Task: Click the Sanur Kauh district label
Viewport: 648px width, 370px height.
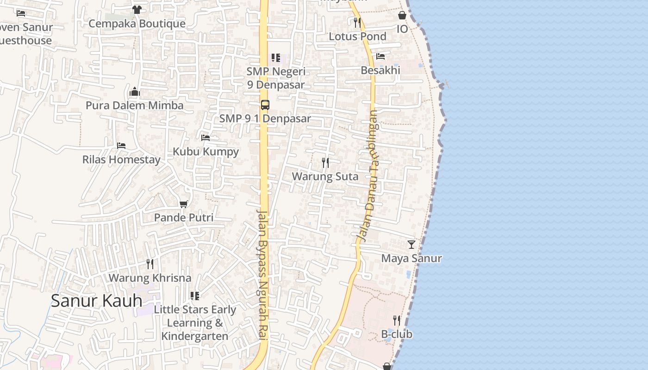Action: (x=96, y=301)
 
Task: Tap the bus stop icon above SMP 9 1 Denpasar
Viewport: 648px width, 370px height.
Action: (x=265, y=105)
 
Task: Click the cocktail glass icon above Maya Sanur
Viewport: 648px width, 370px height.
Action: (x=411, y=244)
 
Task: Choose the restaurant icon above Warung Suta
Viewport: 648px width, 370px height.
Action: (x=325, y=162)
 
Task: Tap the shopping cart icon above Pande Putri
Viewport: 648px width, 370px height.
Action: (x=184, y=203)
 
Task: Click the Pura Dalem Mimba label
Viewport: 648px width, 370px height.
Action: (x=134, y=105)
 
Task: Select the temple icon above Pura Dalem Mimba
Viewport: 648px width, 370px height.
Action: (x=135, y=92)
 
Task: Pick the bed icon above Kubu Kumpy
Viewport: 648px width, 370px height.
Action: (x=206, y=137)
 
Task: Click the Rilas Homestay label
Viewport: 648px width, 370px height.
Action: (x=121, y=160)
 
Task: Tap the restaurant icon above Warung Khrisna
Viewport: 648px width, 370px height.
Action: (x=150, y=264)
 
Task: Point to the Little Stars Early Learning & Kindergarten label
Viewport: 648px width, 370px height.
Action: (x=195, y=322)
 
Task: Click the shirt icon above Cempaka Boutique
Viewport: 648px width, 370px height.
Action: (x=137, y=9)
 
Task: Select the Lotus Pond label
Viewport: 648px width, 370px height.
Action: (x=357, y=36)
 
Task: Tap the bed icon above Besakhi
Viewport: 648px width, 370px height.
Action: (x=380, y=56)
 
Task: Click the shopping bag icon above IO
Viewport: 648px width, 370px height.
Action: (x=402, y=15)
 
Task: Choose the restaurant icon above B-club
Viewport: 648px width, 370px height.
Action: (x=397, y=320)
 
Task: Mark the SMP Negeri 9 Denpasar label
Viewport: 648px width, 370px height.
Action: (x=276, y=78)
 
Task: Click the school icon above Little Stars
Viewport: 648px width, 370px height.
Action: (x=195, y=296)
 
